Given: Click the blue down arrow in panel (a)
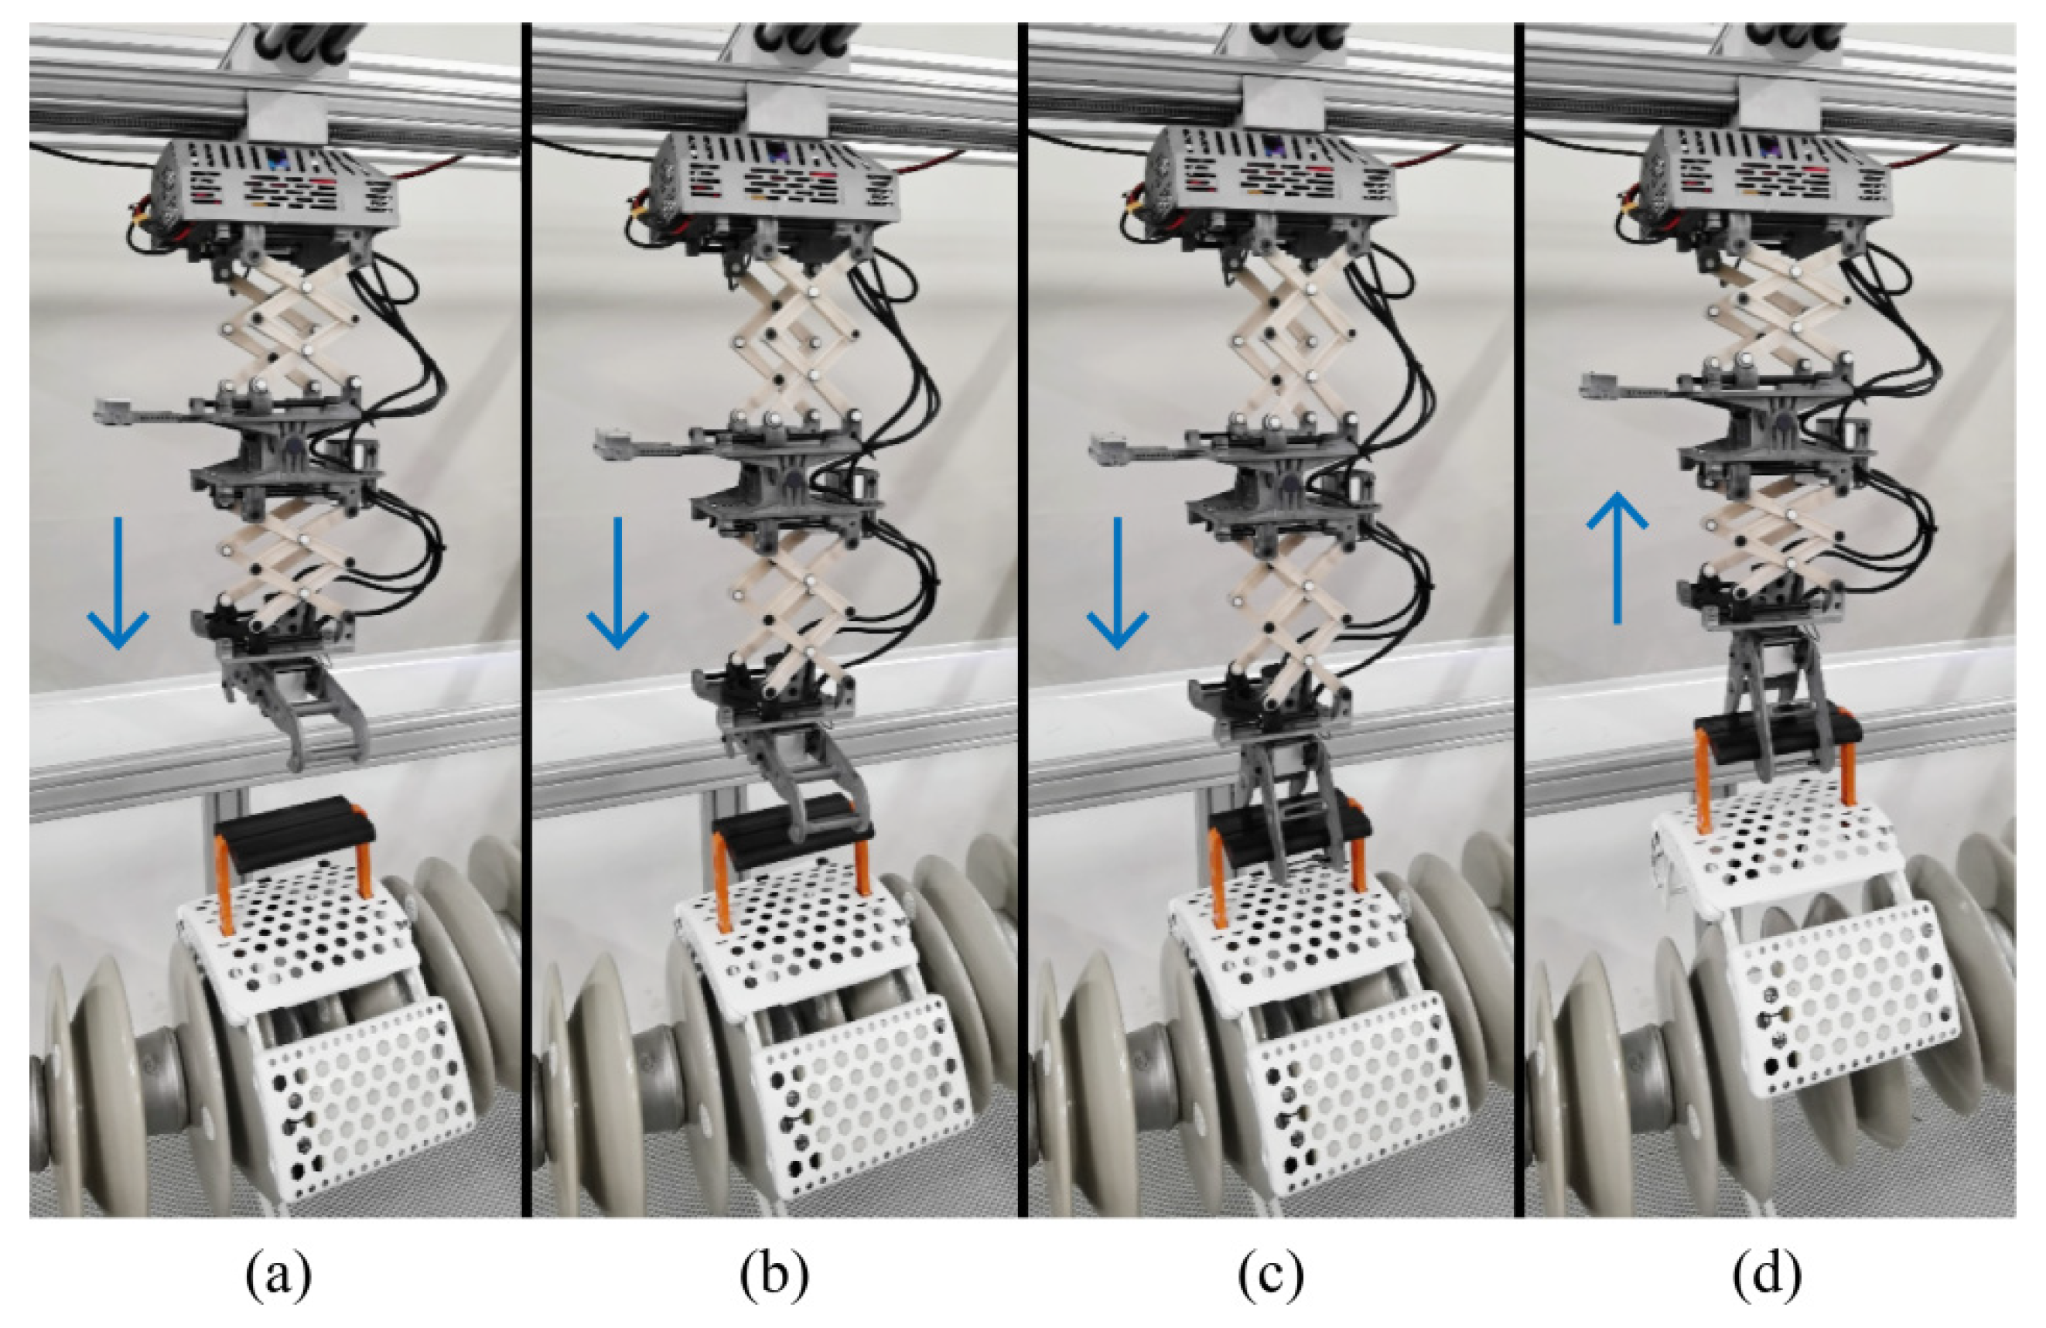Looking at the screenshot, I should coord(118,584).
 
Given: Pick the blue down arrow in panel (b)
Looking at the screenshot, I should coord(617,584).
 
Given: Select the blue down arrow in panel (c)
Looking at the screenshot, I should coord(1118,584).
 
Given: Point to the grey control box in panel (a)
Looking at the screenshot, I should coord(275,185).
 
